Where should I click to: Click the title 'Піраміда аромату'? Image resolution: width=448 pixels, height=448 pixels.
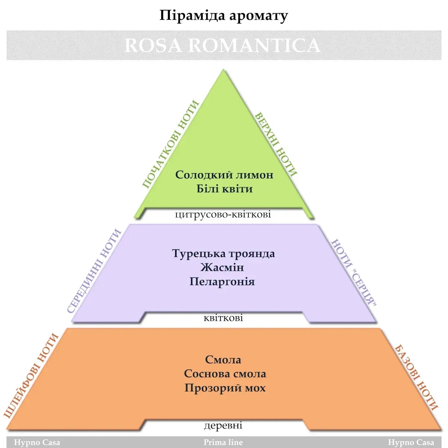tap(224, 16)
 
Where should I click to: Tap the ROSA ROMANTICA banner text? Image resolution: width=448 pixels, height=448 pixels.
tap(222, 45)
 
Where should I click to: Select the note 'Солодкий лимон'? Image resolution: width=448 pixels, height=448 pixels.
tap(224, 175)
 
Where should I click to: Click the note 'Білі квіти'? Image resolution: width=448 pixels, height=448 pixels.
tap(224, 189)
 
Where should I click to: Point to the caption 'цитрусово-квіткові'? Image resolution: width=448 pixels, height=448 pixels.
tap(223, 215)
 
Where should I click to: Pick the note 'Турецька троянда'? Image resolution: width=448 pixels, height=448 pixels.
tap(223, 253)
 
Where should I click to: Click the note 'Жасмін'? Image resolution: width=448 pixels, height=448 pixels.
tap(222, 267)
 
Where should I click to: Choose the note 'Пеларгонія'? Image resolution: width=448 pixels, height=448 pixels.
tap(222, 281)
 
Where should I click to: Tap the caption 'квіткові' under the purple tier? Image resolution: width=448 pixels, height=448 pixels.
tap(223, 318)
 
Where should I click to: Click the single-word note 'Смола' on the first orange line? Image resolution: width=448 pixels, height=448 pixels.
tap(223, 360)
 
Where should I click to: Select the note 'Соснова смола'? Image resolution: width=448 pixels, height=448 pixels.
tap(225, 374)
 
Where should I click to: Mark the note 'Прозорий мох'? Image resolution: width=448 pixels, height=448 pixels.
tap(225, 388)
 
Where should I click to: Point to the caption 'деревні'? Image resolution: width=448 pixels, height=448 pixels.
tap(223, 425)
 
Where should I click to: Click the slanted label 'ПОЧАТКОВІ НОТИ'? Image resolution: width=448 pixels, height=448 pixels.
tap(170, 144)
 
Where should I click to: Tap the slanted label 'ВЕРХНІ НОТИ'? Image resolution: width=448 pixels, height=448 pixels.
tap(276, 144)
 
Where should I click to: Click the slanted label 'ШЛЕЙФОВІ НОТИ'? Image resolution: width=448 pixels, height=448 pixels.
tap(31, 375)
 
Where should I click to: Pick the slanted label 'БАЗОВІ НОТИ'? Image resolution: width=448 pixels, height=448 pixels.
tap(416, 377)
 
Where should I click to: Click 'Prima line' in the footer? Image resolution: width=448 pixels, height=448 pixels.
tap(223, 442)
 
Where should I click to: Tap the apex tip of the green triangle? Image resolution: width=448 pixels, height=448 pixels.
tap(224, 71)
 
